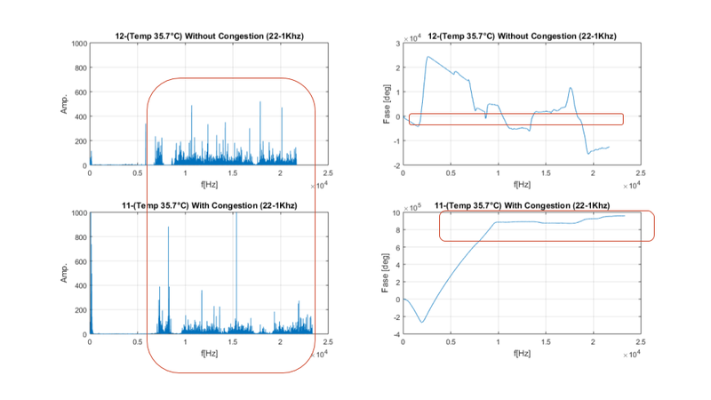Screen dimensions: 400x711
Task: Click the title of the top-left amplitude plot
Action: [209, 36]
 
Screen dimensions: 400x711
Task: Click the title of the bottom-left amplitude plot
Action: [209, 205]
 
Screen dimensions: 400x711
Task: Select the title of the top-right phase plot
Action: [522, 36]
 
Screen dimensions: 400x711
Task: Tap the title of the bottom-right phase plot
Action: [522, 205]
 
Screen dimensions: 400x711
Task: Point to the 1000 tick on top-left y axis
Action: [78, 44]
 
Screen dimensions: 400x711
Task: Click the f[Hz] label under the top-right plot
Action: [522, 184]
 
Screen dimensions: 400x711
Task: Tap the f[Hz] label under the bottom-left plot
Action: [209, 353]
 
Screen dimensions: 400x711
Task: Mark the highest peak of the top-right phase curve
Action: [427, 57]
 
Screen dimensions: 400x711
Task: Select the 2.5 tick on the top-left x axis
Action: [328, 172]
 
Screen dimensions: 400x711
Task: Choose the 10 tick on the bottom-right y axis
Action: [395, 212]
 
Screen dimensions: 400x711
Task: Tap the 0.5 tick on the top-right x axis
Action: [451, 172]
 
